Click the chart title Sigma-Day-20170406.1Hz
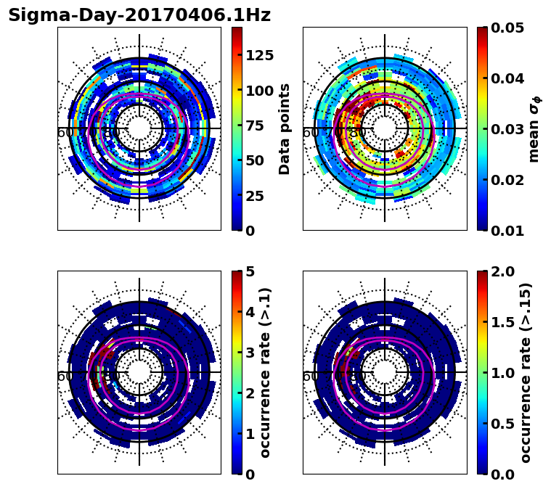click(139, 15)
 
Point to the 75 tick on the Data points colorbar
click(258, 126)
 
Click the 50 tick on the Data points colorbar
click(258, 160)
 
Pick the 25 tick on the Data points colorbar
click(258, 196)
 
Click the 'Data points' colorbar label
click(285, 128)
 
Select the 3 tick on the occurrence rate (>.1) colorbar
click(250, 353)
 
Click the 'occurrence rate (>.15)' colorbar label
click(526, 372)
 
